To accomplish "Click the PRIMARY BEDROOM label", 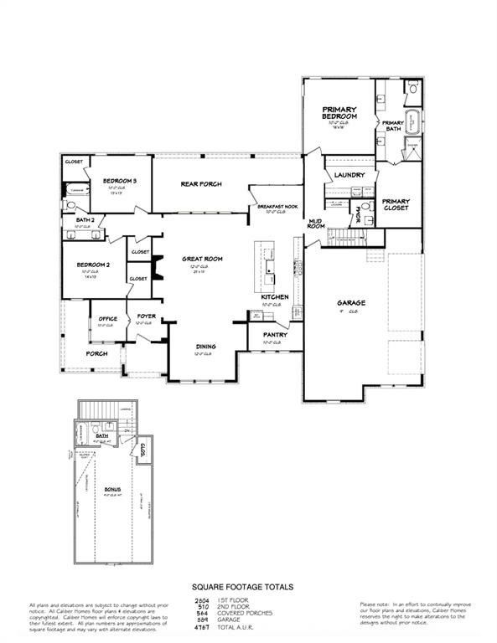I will [340, 113].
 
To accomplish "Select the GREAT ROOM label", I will [201, 260].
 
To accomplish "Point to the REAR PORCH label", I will [201, 184].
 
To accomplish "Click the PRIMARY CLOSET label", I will [396, 204].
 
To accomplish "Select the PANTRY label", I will [277, 335].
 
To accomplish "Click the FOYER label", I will [147, 317].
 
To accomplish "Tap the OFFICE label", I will [107, 318].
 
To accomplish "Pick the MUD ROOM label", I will [316, 223].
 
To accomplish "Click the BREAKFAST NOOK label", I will [277, 206].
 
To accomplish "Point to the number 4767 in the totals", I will [201, 626].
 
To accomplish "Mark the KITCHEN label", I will [275, 297].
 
